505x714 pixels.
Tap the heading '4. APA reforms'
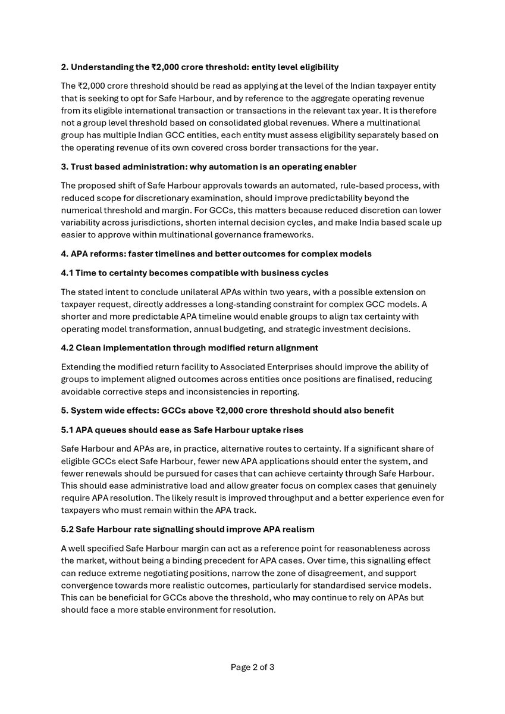point(217,254)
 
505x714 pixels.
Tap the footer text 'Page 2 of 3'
point(252,667)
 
